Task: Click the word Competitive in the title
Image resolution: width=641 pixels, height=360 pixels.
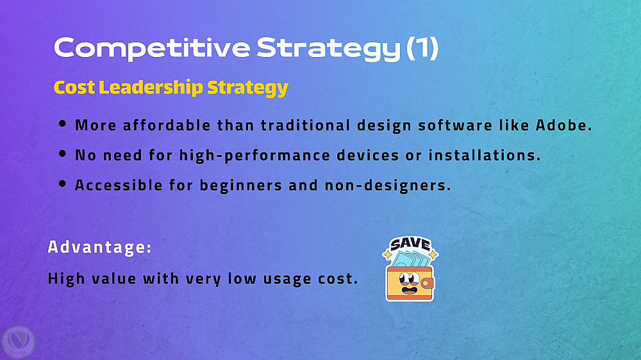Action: pyautogui.click(x=152, y=49)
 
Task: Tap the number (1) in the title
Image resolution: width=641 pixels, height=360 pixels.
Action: pyautogui.click(x=422, y=48)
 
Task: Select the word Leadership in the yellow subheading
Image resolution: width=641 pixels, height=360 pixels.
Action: pyautogui.click(x=151, y=88)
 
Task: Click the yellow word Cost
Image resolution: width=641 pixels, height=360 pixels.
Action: pyautogui.click(x=74, y=88)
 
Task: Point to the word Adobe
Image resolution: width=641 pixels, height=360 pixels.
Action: pyautogui.click(x=563, y=125)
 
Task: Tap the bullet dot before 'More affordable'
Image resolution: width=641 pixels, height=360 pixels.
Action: pyautogui.click(x=62, y=124)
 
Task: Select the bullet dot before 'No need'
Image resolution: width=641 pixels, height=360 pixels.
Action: pyautogui.click(x=62, y=154)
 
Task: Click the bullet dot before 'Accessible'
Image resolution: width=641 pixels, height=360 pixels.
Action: pyautogui.click(x=62, y=183)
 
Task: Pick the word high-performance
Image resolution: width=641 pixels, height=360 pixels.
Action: pyautogui.click(x=254, y=156)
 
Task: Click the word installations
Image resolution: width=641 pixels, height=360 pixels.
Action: pyautogui.click(x=485, y=155)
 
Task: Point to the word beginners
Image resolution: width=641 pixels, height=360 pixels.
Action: pyautogui.click(x=241, y=186)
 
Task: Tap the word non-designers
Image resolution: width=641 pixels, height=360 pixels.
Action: pyautogui.click(x=388, y=186)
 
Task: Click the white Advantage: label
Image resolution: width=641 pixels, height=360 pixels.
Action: pyautogui.click(x=99, y=247)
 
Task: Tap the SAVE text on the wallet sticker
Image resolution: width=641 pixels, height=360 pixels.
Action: pyautogui.click(x=410, y=244)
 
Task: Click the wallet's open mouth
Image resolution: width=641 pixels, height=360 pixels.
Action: pyautogui.click(x=409, y=291)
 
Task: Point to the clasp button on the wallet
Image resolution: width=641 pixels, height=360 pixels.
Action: pyautogui.click(x=427, y=282)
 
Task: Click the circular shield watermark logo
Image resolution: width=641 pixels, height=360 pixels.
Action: pyautogui.click(x=19, y=342)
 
